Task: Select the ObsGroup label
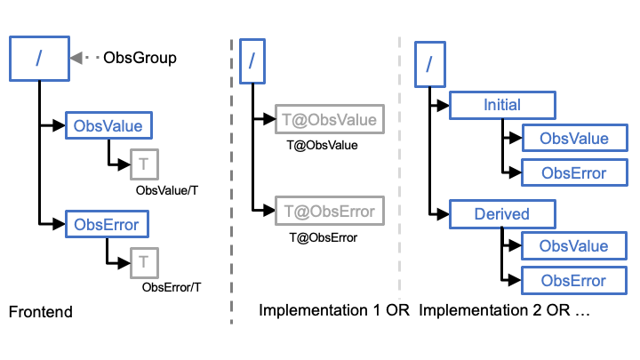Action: [140, 58]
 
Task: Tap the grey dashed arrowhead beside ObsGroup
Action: [76, 58]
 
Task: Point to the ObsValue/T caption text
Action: [167, 190]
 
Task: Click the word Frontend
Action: [41, 312]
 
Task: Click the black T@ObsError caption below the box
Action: [324, 237]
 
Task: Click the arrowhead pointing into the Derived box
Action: [443, 214]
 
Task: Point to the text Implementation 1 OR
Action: [334, 310]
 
